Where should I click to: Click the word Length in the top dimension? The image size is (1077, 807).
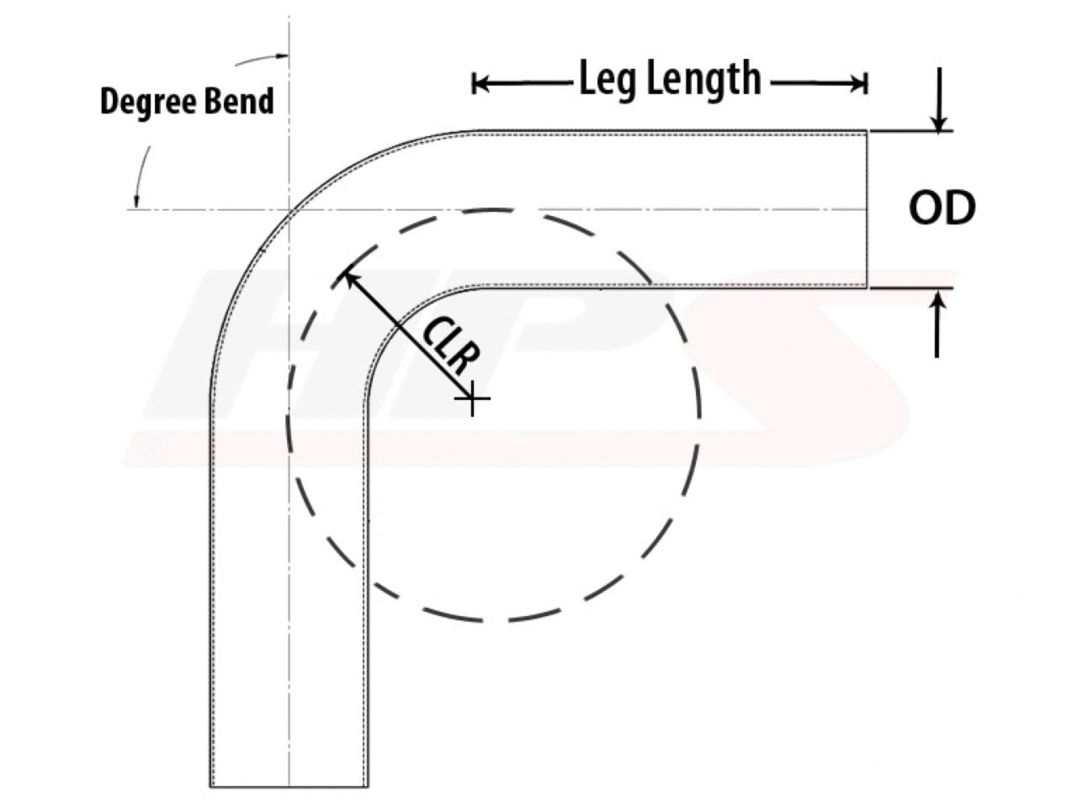pos(704,81)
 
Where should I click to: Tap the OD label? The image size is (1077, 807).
pos(942,208)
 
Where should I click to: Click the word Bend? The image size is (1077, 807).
pos(239,102)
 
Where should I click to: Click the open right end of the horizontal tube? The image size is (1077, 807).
pos(867,208)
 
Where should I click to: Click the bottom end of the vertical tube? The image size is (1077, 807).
pos(289,786)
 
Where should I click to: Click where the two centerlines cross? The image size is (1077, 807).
pos(289,209)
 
